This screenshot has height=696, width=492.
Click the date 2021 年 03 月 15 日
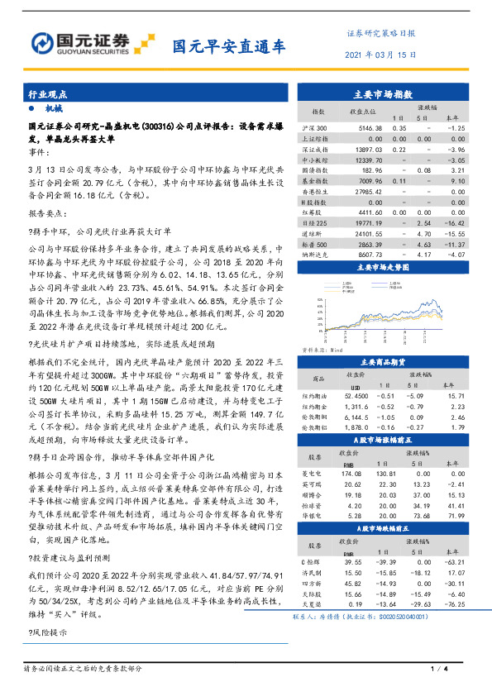click(380, 55)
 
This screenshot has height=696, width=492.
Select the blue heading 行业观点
click(46, 95)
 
